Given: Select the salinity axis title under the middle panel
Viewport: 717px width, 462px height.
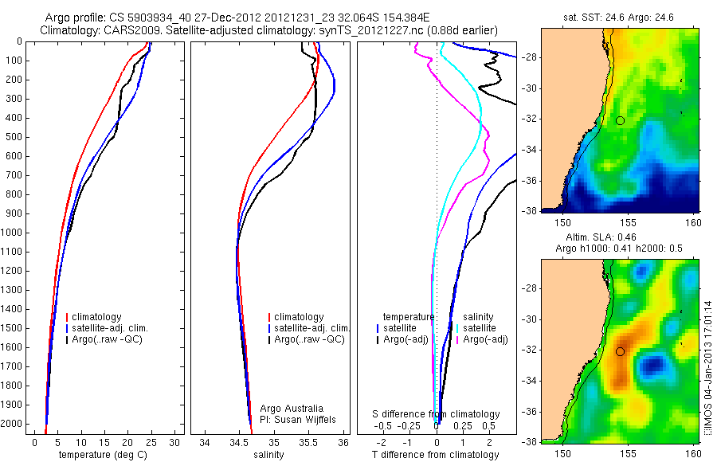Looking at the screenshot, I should [268, 455].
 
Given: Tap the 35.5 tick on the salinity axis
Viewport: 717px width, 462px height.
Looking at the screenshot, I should [309, 442].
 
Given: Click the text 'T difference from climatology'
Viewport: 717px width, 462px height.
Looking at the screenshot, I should [435, 455].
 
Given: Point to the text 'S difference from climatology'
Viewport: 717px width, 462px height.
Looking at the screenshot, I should [436, 414].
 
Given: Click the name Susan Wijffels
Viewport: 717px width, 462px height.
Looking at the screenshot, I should [296, 419].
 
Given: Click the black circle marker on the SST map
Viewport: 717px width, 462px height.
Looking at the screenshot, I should [620, 120].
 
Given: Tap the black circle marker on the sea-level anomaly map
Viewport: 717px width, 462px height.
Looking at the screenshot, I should [620, 351].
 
